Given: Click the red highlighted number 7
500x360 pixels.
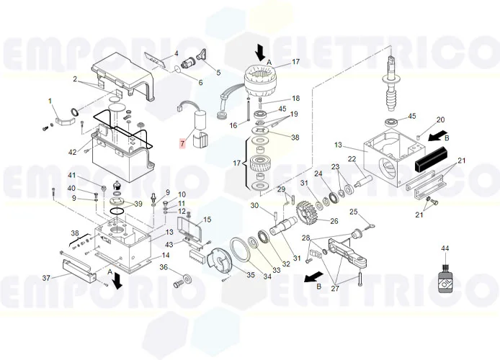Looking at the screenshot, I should pos(183,144).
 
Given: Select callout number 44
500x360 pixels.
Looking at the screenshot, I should pos(445,248).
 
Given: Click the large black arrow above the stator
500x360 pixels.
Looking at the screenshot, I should pos(259,51).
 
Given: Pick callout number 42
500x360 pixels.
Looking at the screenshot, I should pos(72,152).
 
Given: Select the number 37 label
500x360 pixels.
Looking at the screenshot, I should pos(47,278).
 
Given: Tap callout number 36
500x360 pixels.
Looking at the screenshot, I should pos(164,267).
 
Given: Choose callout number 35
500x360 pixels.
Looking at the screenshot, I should pos(251,274).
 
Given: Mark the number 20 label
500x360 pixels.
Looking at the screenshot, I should pos(441,120).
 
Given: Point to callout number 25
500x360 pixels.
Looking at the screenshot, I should pos(353,211).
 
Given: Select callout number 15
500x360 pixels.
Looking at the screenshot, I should pos(207,220).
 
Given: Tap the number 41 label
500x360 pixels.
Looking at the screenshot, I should pos(71,176).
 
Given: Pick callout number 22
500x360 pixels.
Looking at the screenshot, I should pos(352,159).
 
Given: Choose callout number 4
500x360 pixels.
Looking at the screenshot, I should pos(174,54).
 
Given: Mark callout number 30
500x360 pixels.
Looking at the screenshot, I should pos(254,206).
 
